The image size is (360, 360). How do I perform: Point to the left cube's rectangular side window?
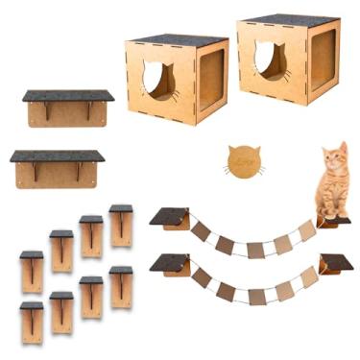(210, 81)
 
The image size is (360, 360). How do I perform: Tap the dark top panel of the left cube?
(177, 40)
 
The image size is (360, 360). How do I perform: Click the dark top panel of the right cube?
(289, 20)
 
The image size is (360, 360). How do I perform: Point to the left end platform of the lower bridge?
(169, 263)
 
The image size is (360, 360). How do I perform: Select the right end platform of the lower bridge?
(335, 263)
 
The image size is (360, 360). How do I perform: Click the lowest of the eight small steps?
(32, 322)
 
